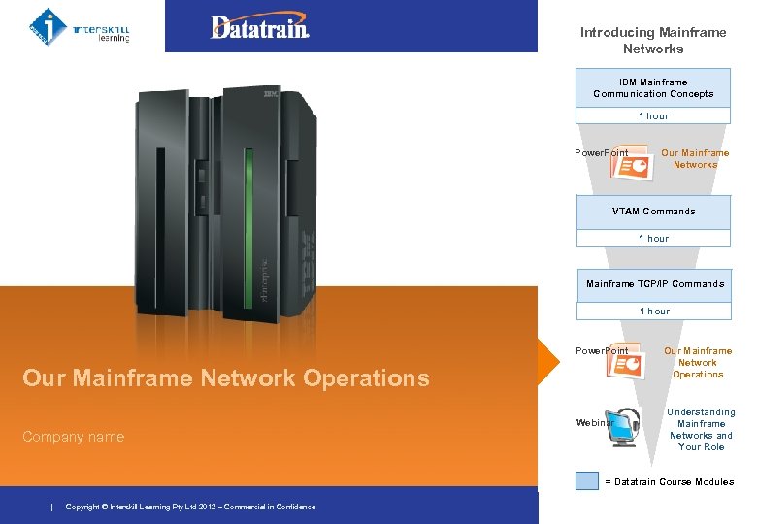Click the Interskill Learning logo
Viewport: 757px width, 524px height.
click(80, 25)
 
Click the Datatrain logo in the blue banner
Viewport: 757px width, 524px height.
click(260, 27)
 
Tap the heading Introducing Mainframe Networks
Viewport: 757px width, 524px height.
click(652, 40)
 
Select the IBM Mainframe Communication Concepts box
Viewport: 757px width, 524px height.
click(653, 87)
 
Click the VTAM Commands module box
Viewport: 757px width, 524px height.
click(653, 211)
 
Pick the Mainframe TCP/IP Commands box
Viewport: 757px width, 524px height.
click(654, 284)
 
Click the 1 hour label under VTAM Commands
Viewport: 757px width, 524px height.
click(653, 239)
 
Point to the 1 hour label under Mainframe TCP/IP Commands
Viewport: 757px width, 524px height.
click(653, 311)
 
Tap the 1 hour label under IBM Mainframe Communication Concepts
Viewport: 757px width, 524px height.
click(653, 116)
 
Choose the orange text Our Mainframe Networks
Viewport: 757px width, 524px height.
click(695, 158)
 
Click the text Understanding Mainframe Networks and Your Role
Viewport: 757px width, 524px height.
click(702, 430)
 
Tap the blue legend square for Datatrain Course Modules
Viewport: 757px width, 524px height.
click(586, 480)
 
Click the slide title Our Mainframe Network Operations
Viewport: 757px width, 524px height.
click(225, 378)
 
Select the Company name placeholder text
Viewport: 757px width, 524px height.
click(74, 437)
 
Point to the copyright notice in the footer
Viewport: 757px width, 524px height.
click(190, 507)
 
